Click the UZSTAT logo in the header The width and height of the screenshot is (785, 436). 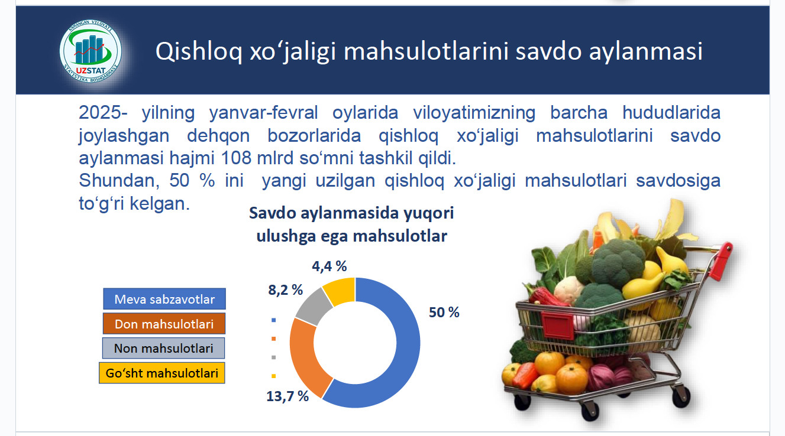(91, 51)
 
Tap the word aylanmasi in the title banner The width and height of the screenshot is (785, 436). (645, 51)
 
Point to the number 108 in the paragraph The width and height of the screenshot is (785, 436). (236, 158)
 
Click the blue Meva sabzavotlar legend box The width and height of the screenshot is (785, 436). (164, 299)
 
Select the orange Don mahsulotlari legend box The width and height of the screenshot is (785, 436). (164, 324)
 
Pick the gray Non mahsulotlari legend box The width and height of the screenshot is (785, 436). (163, 348)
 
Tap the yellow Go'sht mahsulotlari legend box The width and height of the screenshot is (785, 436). (162, 373)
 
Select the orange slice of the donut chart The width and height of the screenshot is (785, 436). (304, 353)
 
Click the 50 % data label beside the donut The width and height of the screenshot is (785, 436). (444, 313)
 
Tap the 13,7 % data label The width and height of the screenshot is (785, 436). (287, 396)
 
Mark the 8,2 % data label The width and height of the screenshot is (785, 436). (285, 290)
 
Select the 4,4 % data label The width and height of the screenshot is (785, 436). (329, 266)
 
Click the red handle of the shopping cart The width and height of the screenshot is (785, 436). (722, 261)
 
